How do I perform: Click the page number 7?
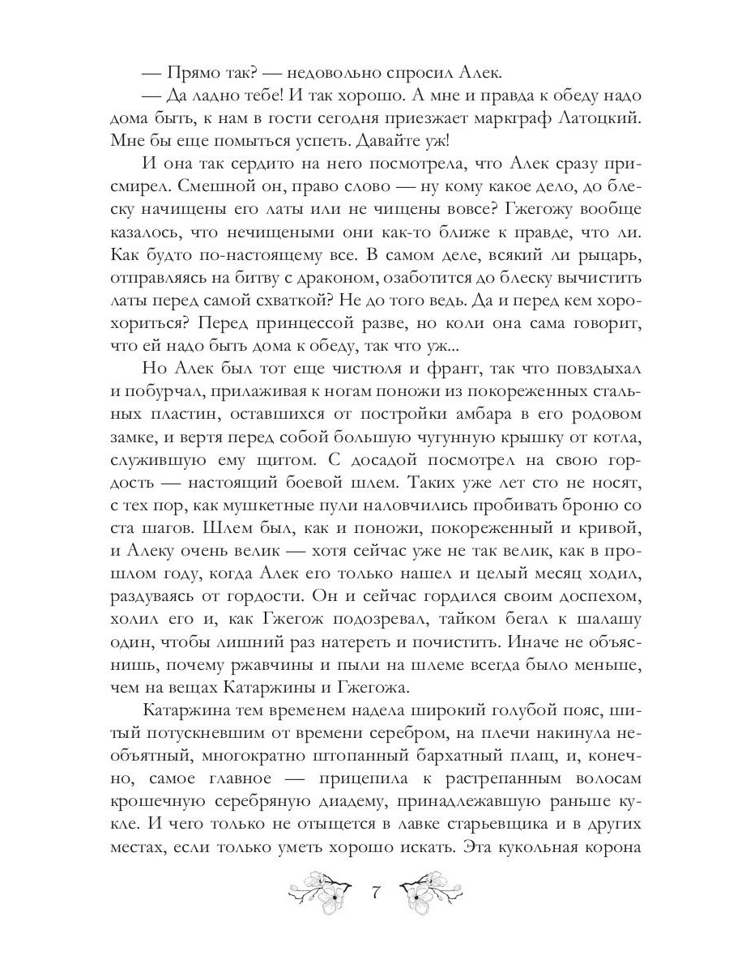tap(375, 896)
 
